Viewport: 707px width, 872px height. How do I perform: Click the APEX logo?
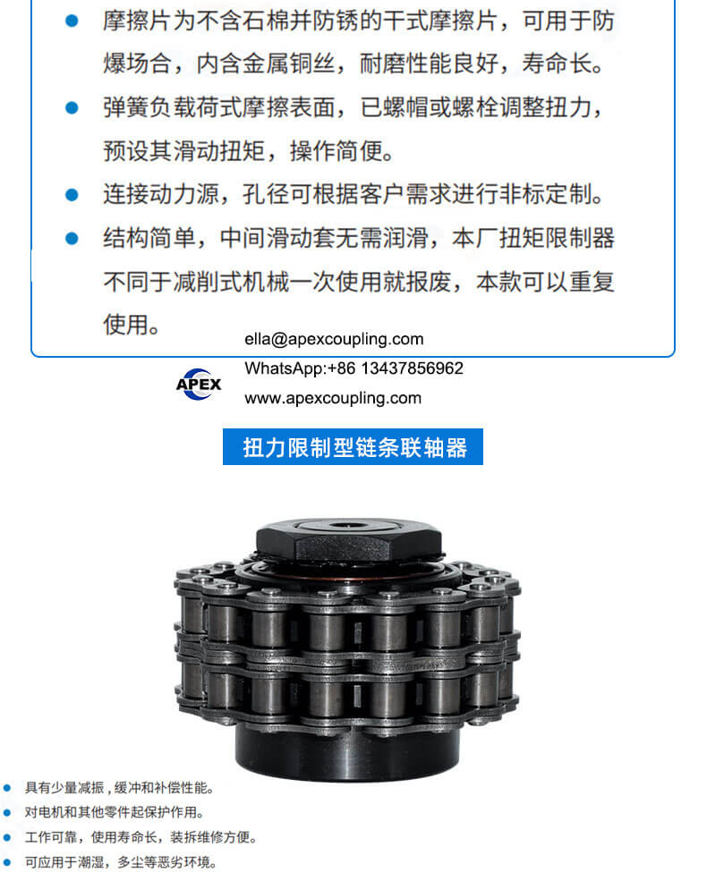click(199, 384)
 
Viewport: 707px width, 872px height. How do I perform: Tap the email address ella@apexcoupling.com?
click(334, 339)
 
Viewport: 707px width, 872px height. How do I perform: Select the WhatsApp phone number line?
click(353, 368)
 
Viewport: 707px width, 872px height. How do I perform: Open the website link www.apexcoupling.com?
click(333, 398)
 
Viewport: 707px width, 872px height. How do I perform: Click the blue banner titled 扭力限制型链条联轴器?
click(353, 446)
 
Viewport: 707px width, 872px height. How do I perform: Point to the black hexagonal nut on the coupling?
click(349, 540)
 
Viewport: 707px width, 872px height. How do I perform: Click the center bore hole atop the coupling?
click(347, 526)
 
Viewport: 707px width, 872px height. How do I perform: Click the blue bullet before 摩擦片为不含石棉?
click(72, 21)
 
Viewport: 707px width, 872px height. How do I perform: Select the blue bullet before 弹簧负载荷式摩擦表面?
click(72, 107)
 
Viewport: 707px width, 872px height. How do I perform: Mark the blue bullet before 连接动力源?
click(72, 195)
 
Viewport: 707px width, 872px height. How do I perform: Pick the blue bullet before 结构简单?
click(72, 238)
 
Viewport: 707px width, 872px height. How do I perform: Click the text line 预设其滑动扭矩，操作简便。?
click(248, 151)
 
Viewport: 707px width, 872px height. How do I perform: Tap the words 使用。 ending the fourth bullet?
click(132, 325)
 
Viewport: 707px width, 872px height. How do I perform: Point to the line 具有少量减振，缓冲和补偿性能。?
click(119, 787)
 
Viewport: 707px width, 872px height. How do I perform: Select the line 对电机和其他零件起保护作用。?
click(115, 812)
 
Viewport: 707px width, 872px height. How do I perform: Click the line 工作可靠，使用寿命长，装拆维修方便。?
click(141, 837)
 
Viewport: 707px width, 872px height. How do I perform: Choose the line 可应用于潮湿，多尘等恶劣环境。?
click(121, 862)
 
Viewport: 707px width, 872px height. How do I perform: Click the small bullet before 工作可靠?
click(7, 837)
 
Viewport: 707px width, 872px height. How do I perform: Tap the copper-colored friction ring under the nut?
click(349, 570)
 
